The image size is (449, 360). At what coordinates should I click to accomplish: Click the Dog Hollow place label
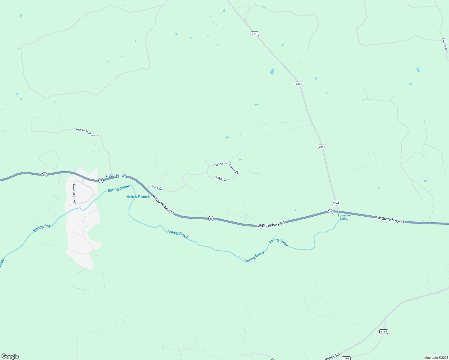(x=116, y=175)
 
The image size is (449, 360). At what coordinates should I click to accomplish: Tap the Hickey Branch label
(x=138, y=197)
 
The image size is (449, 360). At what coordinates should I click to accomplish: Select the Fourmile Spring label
(x=344, y=217)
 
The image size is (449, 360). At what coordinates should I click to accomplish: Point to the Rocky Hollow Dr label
(x=87, y=132)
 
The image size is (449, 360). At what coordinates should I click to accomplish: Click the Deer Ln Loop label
(x=74, y=193)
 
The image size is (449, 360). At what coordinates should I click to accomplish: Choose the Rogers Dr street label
(x=234, y=168)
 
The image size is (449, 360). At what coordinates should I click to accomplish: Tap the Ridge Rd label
(x=221, y=178)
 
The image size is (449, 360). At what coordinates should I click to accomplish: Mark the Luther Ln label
(x=445, y=45)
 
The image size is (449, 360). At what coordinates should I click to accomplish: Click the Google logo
(x=10, y=356)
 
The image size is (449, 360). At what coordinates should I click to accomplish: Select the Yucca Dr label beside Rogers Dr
(x=220, y=164)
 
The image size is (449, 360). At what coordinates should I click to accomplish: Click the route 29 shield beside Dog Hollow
(x=101, y=180)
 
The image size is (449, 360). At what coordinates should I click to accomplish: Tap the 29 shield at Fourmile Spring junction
(x=330, y=211)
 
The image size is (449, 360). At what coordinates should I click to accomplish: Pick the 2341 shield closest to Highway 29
(x=336, y=203)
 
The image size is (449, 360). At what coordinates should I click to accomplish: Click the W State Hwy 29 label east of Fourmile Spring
(x=391, y=220)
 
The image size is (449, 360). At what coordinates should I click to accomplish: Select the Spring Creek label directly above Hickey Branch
(x=118, y=188)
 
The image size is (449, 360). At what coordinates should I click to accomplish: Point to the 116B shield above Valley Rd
(x=384, y=331)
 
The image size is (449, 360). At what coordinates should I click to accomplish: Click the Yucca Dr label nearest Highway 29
(x=156, y=187)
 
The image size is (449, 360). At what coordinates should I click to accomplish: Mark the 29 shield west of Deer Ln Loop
(x=44, y=175)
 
